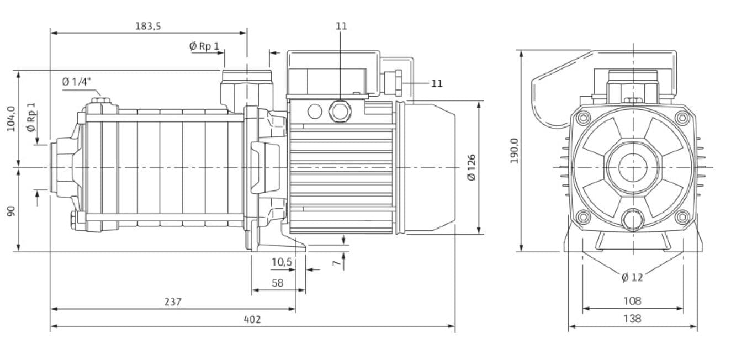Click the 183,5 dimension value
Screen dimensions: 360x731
(147, 26)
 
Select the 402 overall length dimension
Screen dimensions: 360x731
(252, 319)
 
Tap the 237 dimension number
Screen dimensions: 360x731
(172, 302)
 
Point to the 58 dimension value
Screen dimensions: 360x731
(278, 283)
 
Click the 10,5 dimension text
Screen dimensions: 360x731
(282, 262)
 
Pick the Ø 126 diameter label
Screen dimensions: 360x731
(471, 167)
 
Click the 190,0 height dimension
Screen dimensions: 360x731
(514, 151)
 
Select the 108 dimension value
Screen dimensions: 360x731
(632, 301)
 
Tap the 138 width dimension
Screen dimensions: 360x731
(632, 319)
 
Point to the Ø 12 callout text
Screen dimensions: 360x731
(632, 277)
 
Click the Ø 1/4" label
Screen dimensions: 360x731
(75, 82)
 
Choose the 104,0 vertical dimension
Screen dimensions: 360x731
(10, 118)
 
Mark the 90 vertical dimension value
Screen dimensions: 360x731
(10, 211)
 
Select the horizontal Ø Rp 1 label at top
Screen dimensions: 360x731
(204, 46)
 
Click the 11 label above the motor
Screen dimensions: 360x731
(341, 26)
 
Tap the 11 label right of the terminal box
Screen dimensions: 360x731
(436, 83)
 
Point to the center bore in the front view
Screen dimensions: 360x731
(633, 167)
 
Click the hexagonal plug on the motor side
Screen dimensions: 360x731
(338, 111)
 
